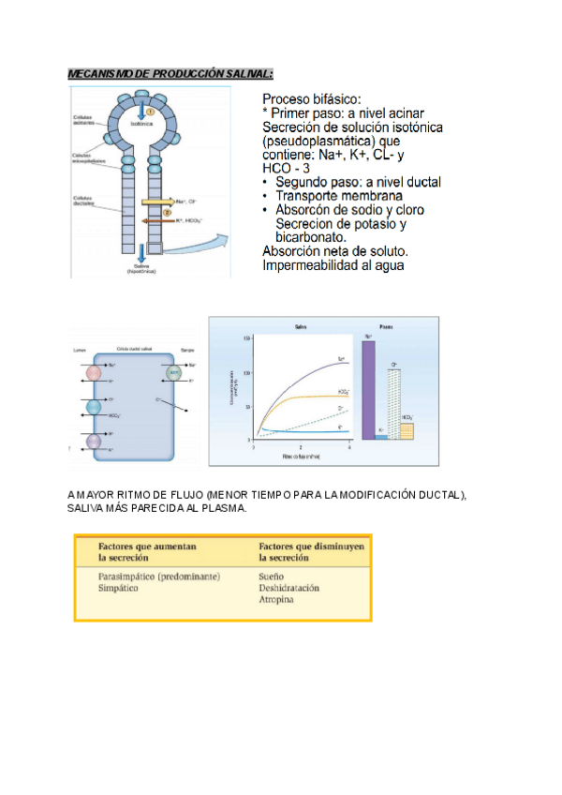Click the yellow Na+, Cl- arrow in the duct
pyautogui.click(x=156, y=201)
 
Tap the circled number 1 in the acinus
pyautogui.click(x=149, y=109)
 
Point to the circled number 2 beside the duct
pyautogui.click(x=167, y=211)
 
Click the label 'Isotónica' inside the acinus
pyautogui.click(x=142, y=123)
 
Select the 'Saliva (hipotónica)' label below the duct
pyautogui.click(x=140, y=269)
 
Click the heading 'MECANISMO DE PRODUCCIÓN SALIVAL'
pyautogui.click(x=170, y=74)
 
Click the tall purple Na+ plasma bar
pyautogui.click(x=368, y=389)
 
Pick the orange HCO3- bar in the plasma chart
pyautogui.click(x=407, y=430)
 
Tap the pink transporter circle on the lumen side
pyautogui.click(x=93, y=373)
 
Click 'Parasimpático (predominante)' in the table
pyautogui.click(x=158, y=577)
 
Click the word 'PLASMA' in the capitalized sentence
pyautogui.click(x=227, y=508)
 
